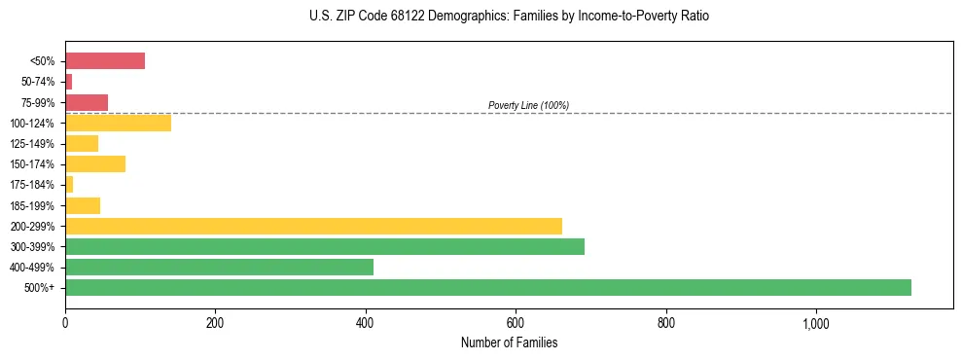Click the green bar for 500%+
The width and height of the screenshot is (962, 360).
[x=487, y=287]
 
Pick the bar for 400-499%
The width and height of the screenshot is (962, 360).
[x=219, y=267]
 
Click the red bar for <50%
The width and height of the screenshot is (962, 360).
[x=105, y=61]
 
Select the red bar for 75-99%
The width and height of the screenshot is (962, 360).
[x=87, y=102]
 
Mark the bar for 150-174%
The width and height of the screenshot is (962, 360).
[x=95, y=163]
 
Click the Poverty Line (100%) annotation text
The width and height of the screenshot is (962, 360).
[x=528, y=105]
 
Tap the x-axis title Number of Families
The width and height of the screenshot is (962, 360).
[x=509, y=342]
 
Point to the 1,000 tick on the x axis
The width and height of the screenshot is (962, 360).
[x=815, y=322]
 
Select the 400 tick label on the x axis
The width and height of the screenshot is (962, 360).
[x=366, y=322]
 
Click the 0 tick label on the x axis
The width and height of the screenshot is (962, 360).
[x=65, y=322]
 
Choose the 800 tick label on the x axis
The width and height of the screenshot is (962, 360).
[x=666, y=322]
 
